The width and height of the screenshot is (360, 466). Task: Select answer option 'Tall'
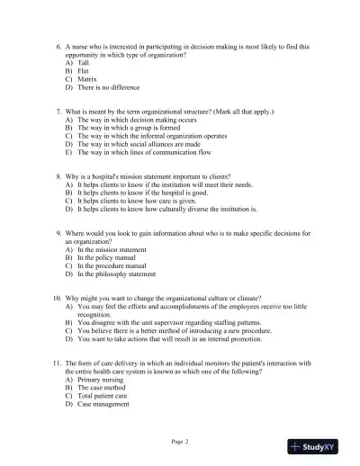[85, 63]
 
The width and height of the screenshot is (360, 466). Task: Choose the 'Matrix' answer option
[88, 80]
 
